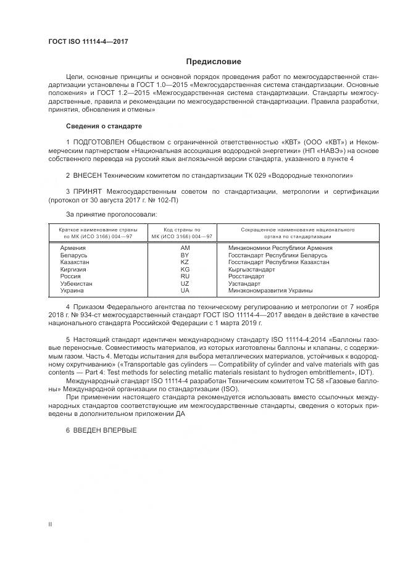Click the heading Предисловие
214,62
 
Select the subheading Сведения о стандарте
104,127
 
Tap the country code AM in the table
185,247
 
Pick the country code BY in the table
185,254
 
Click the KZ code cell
185,262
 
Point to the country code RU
185,276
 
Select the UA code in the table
185,290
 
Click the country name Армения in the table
73,247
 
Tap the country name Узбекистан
77,283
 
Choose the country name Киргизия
74,269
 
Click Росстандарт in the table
246,276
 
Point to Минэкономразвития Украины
270,290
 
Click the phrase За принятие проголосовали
111,214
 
